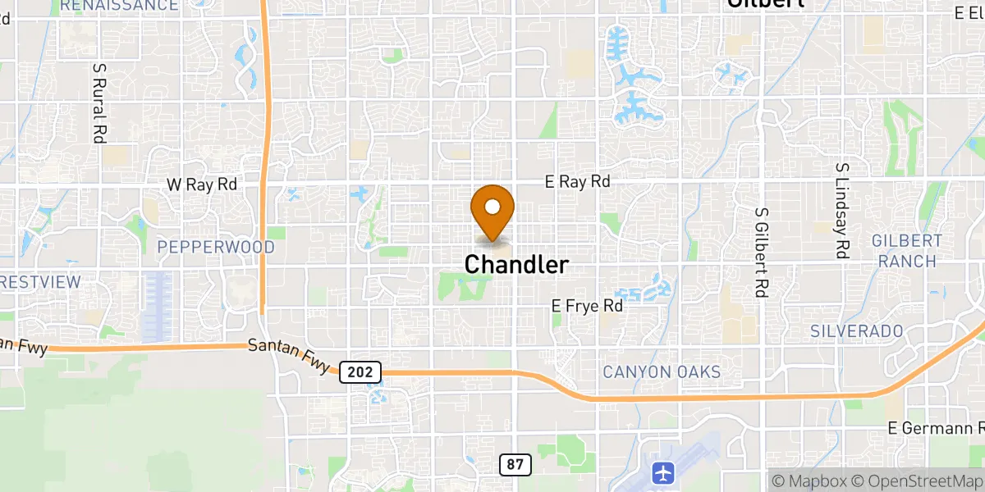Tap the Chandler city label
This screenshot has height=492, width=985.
tap(516, 265)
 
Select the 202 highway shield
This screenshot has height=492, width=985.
tap(359, 372)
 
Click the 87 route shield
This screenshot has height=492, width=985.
tap(515, 465)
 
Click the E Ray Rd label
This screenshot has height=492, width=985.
tap(578, 182)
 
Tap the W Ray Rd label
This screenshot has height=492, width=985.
tap(201, 184)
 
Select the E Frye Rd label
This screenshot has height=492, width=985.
tap(587, 306)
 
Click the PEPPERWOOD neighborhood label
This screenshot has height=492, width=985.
tap(215, 247)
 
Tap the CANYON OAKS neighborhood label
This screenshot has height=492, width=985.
tap(662, 372)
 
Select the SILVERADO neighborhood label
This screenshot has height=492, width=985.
tap(856, 331)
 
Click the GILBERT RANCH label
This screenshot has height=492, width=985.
tap(906, 251)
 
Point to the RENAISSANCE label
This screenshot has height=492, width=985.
tap(119, 6)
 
